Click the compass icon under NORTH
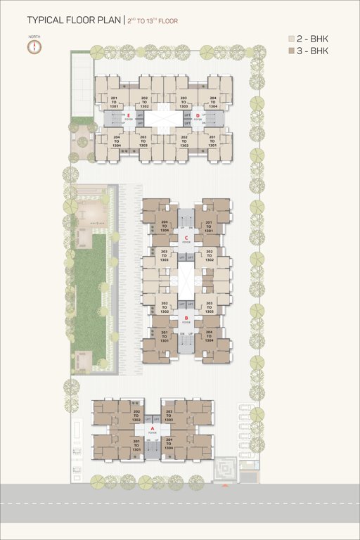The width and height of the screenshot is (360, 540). pyautogui.click(x=34, y=46)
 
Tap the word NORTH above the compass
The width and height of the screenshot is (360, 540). pyautogui.click(x=34, y=36)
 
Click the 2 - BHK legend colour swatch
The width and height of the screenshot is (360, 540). pyautogui.click(x=292, y=39)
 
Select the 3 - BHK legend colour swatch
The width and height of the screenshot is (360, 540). pyautogui.click(x=292, y=51)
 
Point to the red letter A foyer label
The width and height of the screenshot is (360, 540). pyautogui.click(x=153, y=427)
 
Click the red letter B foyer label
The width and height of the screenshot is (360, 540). pyautogui.click(x=186, y=318)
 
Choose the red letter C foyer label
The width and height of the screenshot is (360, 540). pyautogui.click(x=186, y=238)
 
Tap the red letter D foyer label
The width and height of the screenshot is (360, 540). pyautogui.click(x=198, y=115)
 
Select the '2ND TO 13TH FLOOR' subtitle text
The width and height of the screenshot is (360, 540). pyautogui.click(x=151, y=22)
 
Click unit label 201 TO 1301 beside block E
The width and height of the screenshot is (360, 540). pyautogui.click(x=115, y=102)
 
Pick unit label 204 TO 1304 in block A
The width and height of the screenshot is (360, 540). pyautogui.click(x=169, y=443)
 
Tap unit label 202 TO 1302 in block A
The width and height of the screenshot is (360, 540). pyautogui.click(x=137, y=415)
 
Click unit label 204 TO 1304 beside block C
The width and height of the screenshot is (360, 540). pyautogui.click(x=165, y=226)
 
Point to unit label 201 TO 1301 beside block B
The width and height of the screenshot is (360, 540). pyautogui.click(x=165, y=335)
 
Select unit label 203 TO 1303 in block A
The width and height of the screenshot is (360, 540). pyautogui.click(x=169, y=415)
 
